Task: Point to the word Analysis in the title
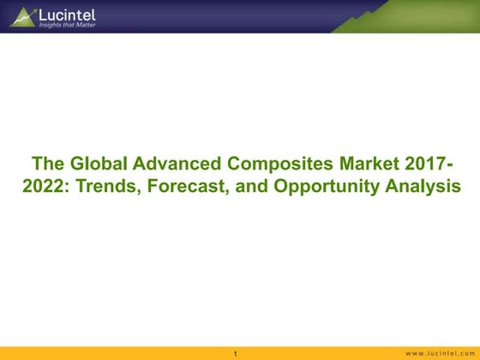pos(416,186)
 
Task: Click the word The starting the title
pos(46,165)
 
